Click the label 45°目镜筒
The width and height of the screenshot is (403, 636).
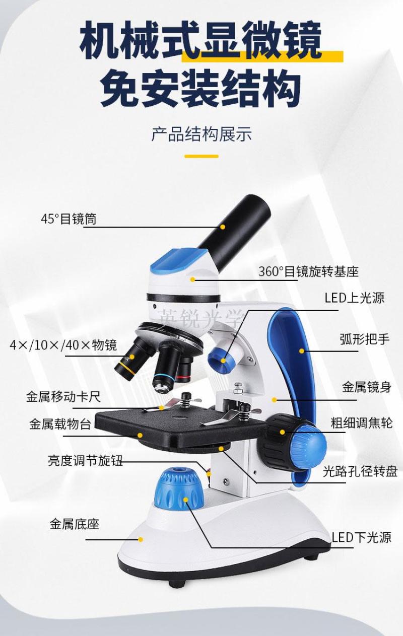(x=69, y=219)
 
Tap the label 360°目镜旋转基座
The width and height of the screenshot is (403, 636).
(x=308, y=271)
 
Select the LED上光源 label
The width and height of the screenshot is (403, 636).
(x=355, y=298)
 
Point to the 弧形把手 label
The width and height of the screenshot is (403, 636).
(x=365, y=339)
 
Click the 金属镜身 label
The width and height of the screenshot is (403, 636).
(x=367, y=387)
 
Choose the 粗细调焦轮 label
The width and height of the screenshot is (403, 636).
(x=362, y=423)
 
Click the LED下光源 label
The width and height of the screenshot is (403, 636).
(x=362, y=537)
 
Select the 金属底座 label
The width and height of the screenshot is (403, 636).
(x=75, y=524)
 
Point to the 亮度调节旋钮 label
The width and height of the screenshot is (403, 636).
(x=85, y=460)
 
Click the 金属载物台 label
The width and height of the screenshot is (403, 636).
(x=60, y=424)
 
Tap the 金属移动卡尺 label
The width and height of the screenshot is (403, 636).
(x=63, y=397)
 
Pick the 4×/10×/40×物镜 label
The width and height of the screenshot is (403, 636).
(x=63, y=345)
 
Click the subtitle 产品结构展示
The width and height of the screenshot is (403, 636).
(x=201, y=134)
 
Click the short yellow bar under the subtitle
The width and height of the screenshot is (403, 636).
(x=201, y=156)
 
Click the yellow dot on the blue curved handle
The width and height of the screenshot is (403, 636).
(x=302, y=350)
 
